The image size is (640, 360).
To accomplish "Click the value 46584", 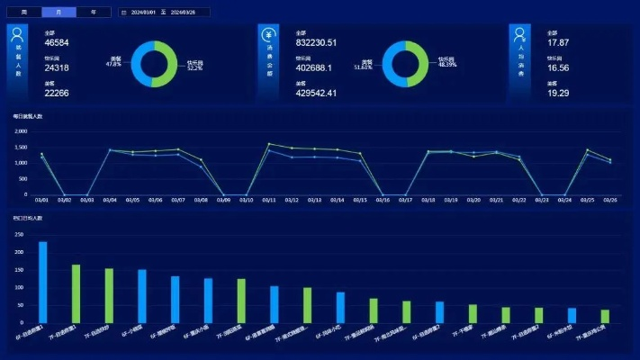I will (x=57, y=42).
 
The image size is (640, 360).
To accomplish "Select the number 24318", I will (x=57, y=67).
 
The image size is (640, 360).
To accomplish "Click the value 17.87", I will (x=558, y=42).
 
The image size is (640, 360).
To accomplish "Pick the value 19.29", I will (x=558, y=93).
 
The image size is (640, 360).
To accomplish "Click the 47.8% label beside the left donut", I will (x=114, y=65).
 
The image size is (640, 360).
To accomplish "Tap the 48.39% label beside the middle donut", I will (x=447, y=65).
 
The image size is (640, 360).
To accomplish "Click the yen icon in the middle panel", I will (x=268, y=35).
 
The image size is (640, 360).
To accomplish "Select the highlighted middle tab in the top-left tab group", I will (x=59, y=13).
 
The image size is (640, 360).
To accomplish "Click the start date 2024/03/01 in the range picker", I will (x=143, y=13).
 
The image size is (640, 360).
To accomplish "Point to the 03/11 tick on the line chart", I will (x=269, y=200).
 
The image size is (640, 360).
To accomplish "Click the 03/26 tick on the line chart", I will (x=610, y=200).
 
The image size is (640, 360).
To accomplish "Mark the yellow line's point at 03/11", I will (x=269, y=144).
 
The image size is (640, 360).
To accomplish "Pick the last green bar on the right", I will (x=605, y=316).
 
